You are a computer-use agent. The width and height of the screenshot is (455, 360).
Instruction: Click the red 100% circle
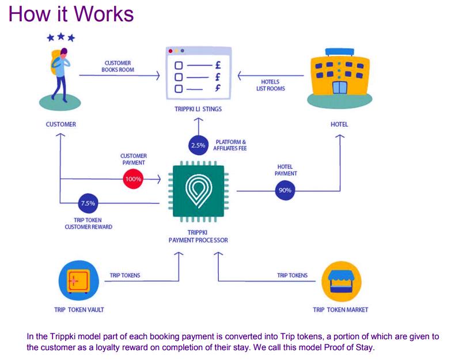click(133, 179)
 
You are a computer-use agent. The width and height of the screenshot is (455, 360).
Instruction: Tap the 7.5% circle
click(88, 203)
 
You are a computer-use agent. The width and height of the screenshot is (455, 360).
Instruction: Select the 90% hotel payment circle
click(285, 190)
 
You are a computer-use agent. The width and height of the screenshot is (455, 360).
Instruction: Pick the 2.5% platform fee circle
click(199, 145)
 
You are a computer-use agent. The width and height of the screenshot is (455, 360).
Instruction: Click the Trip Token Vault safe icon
click(79, 281)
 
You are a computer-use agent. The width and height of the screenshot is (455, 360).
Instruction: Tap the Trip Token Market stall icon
click(342, 282)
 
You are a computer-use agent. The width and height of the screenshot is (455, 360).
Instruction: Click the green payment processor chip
click(199, 191)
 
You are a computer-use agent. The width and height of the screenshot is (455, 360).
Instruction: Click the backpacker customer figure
click(60, 75)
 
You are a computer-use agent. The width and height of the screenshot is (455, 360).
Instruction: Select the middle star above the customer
click(61, 36)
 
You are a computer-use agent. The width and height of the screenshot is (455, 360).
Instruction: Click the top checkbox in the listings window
click(179, 65)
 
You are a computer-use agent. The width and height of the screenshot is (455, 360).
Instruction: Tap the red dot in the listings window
click(170, 51)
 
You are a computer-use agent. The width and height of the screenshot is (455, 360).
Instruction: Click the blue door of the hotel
click(339, 88)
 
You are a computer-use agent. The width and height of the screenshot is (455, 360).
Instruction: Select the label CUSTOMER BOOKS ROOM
click(118, 66)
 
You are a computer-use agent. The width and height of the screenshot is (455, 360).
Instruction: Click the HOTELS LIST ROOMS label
click(271, 85)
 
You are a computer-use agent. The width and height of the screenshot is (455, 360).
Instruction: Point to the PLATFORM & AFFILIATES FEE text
click(230, 145)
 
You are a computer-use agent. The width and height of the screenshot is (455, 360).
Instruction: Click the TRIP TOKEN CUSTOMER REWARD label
click(89, 223)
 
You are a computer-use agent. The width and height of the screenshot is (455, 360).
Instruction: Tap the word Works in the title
click(104, 14)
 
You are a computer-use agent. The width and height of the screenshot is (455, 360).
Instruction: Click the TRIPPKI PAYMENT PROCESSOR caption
click(198, 236)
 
